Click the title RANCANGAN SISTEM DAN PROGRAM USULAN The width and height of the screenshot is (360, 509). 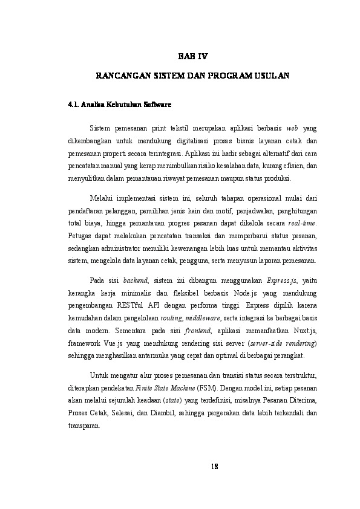click(x=192, y=77)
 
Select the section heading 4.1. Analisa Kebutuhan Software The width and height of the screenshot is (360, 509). click(x=120, y=105)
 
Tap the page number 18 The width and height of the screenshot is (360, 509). click(x=214, y=466)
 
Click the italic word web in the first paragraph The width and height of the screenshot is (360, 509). click(x=292, y=129)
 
